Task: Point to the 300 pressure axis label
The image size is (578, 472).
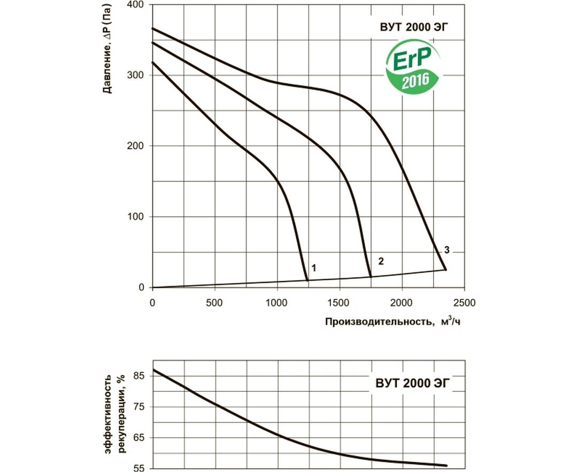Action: coord(137,75)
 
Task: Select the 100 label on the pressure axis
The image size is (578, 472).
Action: coord(137,217)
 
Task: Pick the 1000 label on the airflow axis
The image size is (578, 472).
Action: coord(277,302)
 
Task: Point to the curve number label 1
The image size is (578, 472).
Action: coord(314,268)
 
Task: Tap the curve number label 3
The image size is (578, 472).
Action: coord(446,250)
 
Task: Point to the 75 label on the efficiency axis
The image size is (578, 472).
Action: coord(138,407)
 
